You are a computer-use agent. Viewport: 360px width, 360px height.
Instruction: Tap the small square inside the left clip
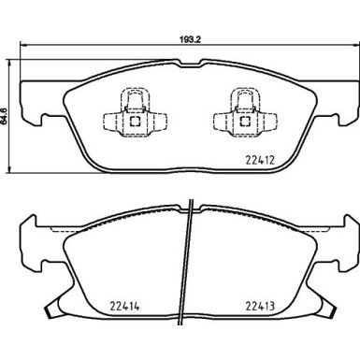(135, 119)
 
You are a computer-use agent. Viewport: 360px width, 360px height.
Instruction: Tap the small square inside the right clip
(244, 119)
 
